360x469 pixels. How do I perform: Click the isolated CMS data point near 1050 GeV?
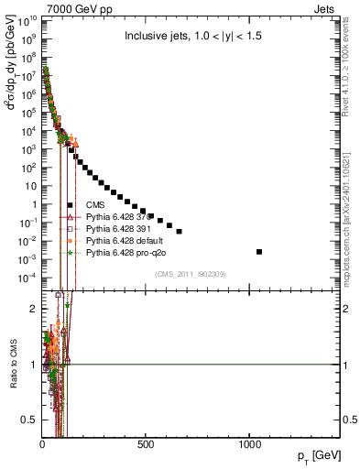(259, 251)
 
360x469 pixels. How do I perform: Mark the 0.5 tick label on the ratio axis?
(29, 420)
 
